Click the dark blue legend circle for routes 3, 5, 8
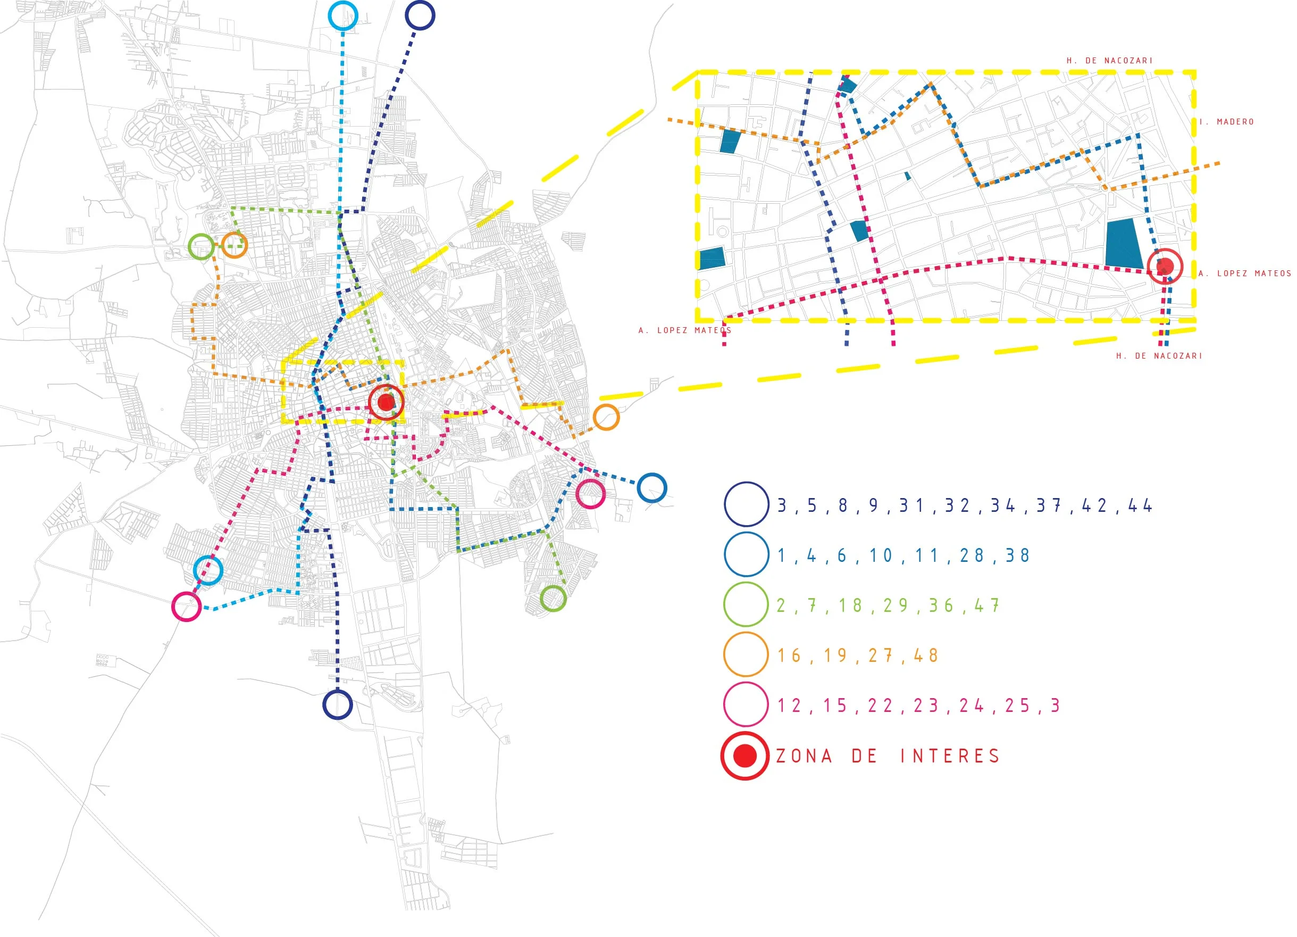pyautogui.click(x=746, y=504)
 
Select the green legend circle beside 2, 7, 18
pyautogui.click(x=746, y=604)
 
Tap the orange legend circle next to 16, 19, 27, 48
pyautogui.click(x=746, y=654)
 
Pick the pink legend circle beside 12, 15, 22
pyautogui.click(x=746, y=704)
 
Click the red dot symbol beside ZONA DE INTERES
pyautogui.click(x=745, y=755)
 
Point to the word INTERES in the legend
pyautogui.click(x=950, y=756)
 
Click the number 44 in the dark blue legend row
pyautogui.click(x=1140, y=505)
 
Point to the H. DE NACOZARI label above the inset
pyautogui.click(x=1109, y=61)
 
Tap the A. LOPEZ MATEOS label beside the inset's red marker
pyautogui.click(x=1244, y=273)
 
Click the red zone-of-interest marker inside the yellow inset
pyautogui.click(x=1165, y=266)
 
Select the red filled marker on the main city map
pyautogui.click(x=387, y=402)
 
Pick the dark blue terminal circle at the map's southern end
pyautogui.click(x=337, y=704)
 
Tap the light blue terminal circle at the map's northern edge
pyautogui.click(x=343, y=15)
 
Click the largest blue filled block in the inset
pyautogui.click(x=1123, y=243)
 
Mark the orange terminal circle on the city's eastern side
pyautogui.click(x=606, y=417)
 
